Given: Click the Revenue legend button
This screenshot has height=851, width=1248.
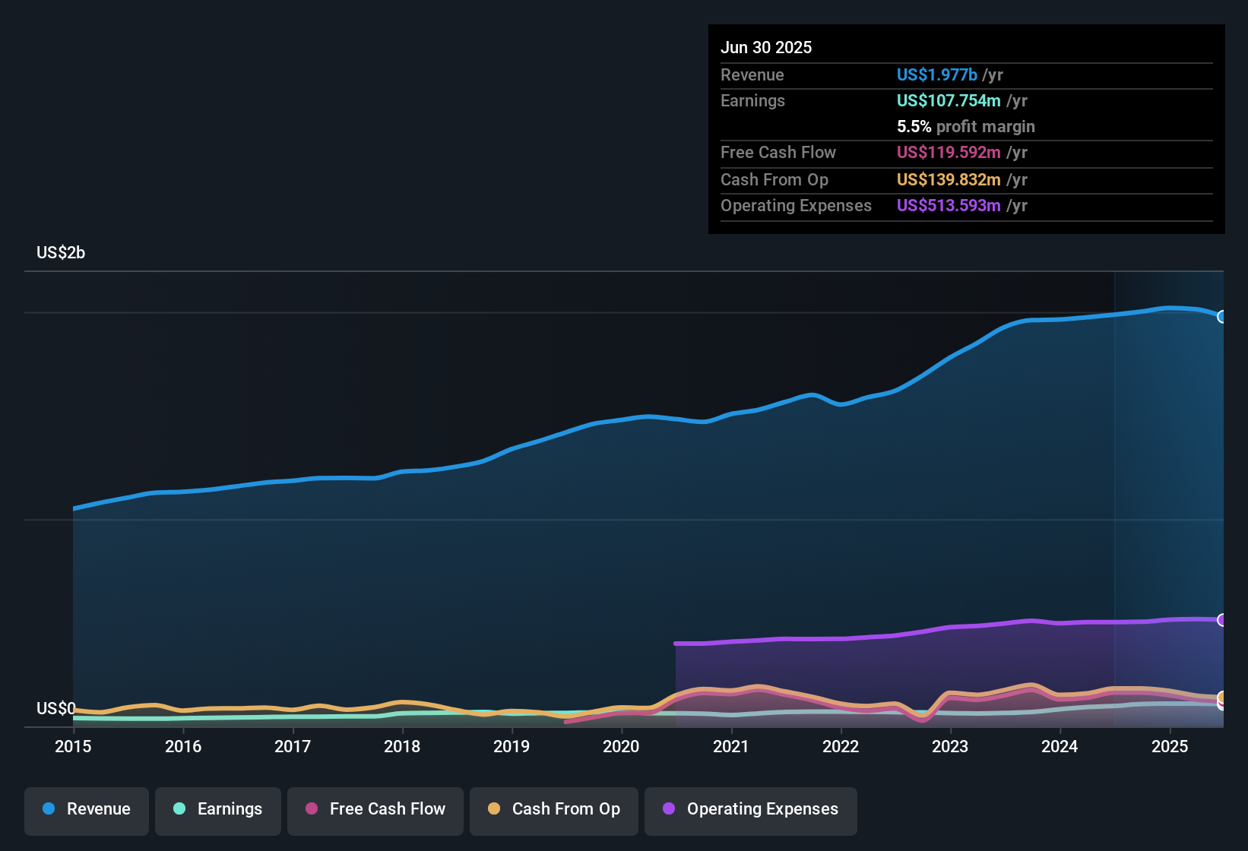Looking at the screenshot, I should pos(87,809).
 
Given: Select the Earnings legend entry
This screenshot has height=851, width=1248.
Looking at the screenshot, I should pos(218,809).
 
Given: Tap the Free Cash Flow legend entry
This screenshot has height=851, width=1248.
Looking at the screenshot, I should pos(375,809).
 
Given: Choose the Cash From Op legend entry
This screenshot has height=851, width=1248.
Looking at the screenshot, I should pos(554,809).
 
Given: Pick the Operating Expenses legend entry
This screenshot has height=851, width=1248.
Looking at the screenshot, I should pos(751,809).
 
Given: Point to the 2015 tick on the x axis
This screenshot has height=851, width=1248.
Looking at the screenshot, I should pos(73,746).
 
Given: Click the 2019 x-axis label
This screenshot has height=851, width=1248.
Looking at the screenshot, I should pos(512,746).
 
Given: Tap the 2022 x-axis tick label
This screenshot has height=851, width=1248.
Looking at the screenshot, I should pos(841,746).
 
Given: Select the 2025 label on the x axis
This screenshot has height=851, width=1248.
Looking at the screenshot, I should pos(1169,746).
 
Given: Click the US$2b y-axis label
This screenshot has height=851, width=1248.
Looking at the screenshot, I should pos(61,253).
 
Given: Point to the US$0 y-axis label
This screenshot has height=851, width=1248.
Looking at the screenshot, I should pos(55,709).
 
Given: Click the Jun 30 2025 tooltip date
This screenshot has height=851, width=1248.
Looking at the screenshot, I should pos(766,48).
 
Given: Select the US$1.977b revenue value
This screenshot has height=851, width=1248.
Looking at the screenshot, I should pos(936,75).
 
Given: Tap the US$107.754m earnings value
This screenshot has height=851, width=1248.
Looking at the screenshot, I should pos(948,101).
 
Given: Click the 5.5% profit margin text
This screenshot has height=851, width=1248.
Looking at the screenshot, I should pos(965,127).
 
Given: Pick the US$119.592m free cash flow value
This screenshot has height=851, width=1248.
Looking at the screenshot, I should pos(948,153).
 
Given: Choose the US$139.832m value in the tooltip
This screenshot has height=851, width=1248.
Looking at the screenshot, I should pos(948,180).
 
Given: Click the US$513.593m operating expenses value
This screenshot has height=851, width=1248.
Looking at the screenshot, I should pos(948,206).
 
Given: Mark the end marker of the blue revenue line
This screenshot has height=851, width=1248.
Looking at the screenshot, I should pos(1222,317).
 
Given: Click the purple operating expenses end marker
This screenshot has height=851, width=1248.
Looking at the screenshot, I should pos(1222,620).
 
